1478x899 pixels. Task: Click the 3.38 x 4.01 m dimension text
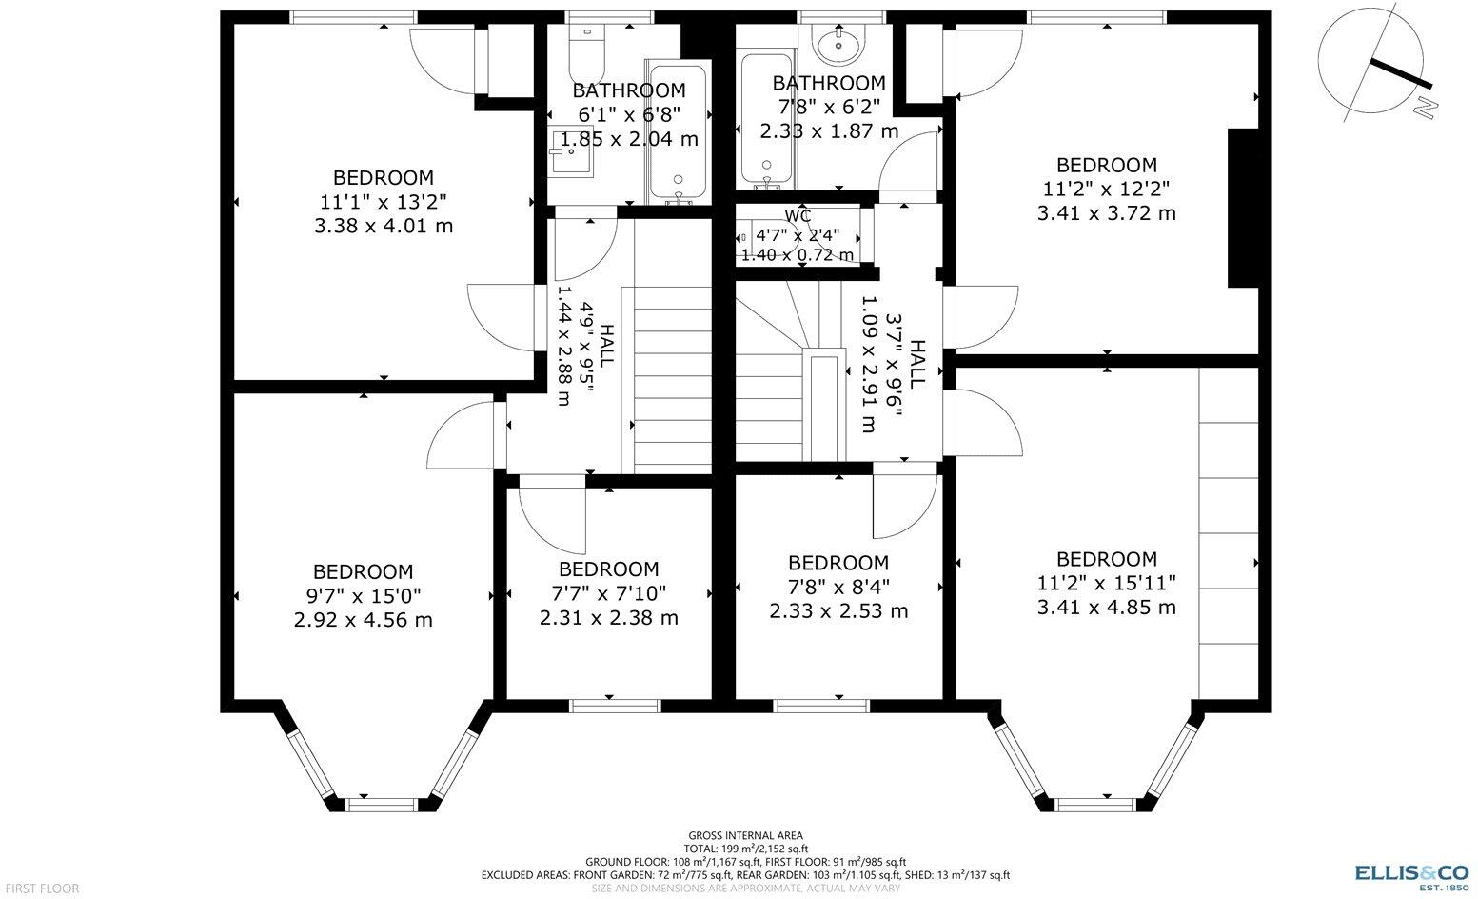(x=384, y=226)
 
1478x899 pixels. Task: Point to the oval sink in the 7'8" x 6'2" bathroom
(x=838, y=45)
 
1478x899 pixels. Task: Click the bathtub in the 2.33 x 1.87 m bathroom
(x=767, y=119)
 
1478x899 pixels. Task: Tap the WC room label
(x=798, y=216)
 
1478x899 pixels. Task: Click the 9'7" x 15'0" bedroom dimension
(x=363, y=596)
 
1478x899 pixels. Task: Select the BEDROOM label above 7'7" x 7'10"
(x=608, y=569)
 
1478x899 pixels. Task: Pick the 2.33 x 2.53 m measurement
(x=838, y=611)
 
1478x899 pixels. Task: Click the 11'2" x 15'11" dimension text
(x=1107, y=584)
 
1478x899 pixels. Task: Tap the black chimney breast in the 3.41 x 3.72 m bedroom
(x=1243, y=208)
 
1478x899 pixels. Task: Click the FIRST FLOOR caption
(x=42, y=889)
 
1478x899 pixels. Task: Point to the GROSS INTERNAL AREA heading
(x=745, y=835)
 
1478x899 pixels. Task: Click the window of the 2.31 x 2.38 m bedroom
(x=615, y=706)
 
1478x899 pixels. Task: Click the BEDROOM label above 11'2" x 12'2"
(x=1107, y=165)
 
